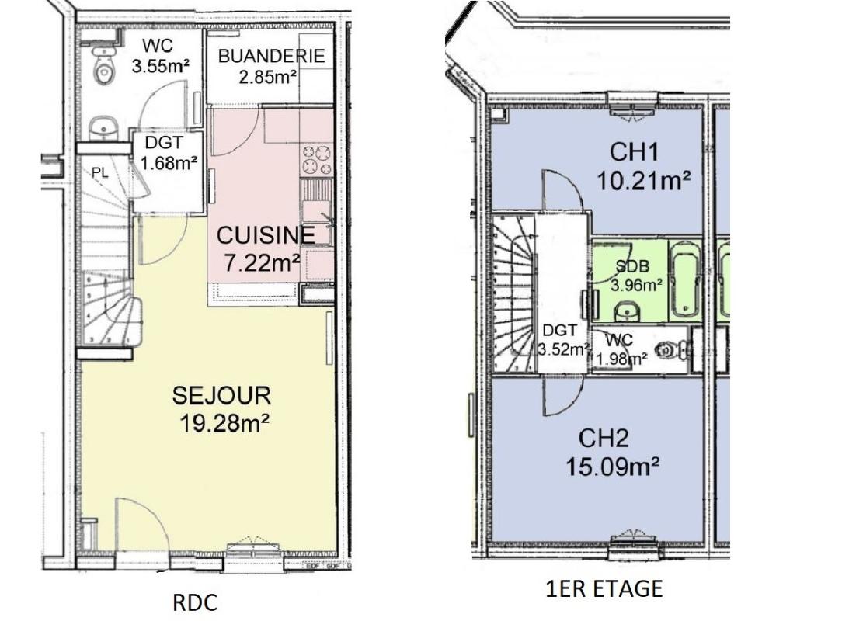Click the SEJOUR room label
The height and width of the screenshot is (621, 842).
click(221, 396)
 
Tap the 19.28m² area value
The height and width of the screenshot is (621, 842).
click(224, 424)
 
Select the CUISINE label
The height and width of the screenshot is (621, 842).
click(266, 236)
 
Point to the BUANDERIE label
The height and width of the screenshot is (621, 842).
click(272, 56)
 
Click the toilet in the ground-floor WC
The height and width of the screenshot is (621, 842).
click(103, 65)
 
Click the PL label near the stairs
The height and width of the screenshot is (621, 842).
click(100, 173)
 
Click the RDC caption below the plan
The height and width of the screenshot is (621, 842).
click(195, 602)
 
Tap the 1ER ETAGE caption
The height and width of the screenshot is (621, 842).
click(604, 588)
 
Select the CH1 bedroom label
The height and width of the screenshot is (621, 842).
click(634, 152)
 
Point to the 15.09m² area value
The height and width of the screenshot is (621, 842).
click(612, 466)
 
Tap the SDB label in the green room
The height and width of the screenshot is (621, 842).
click(632, 266)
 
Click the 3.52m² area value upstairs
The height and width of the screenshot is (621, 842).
click(564, 349)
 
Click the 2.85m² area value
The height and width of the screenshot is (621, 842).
click(268, 78)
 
